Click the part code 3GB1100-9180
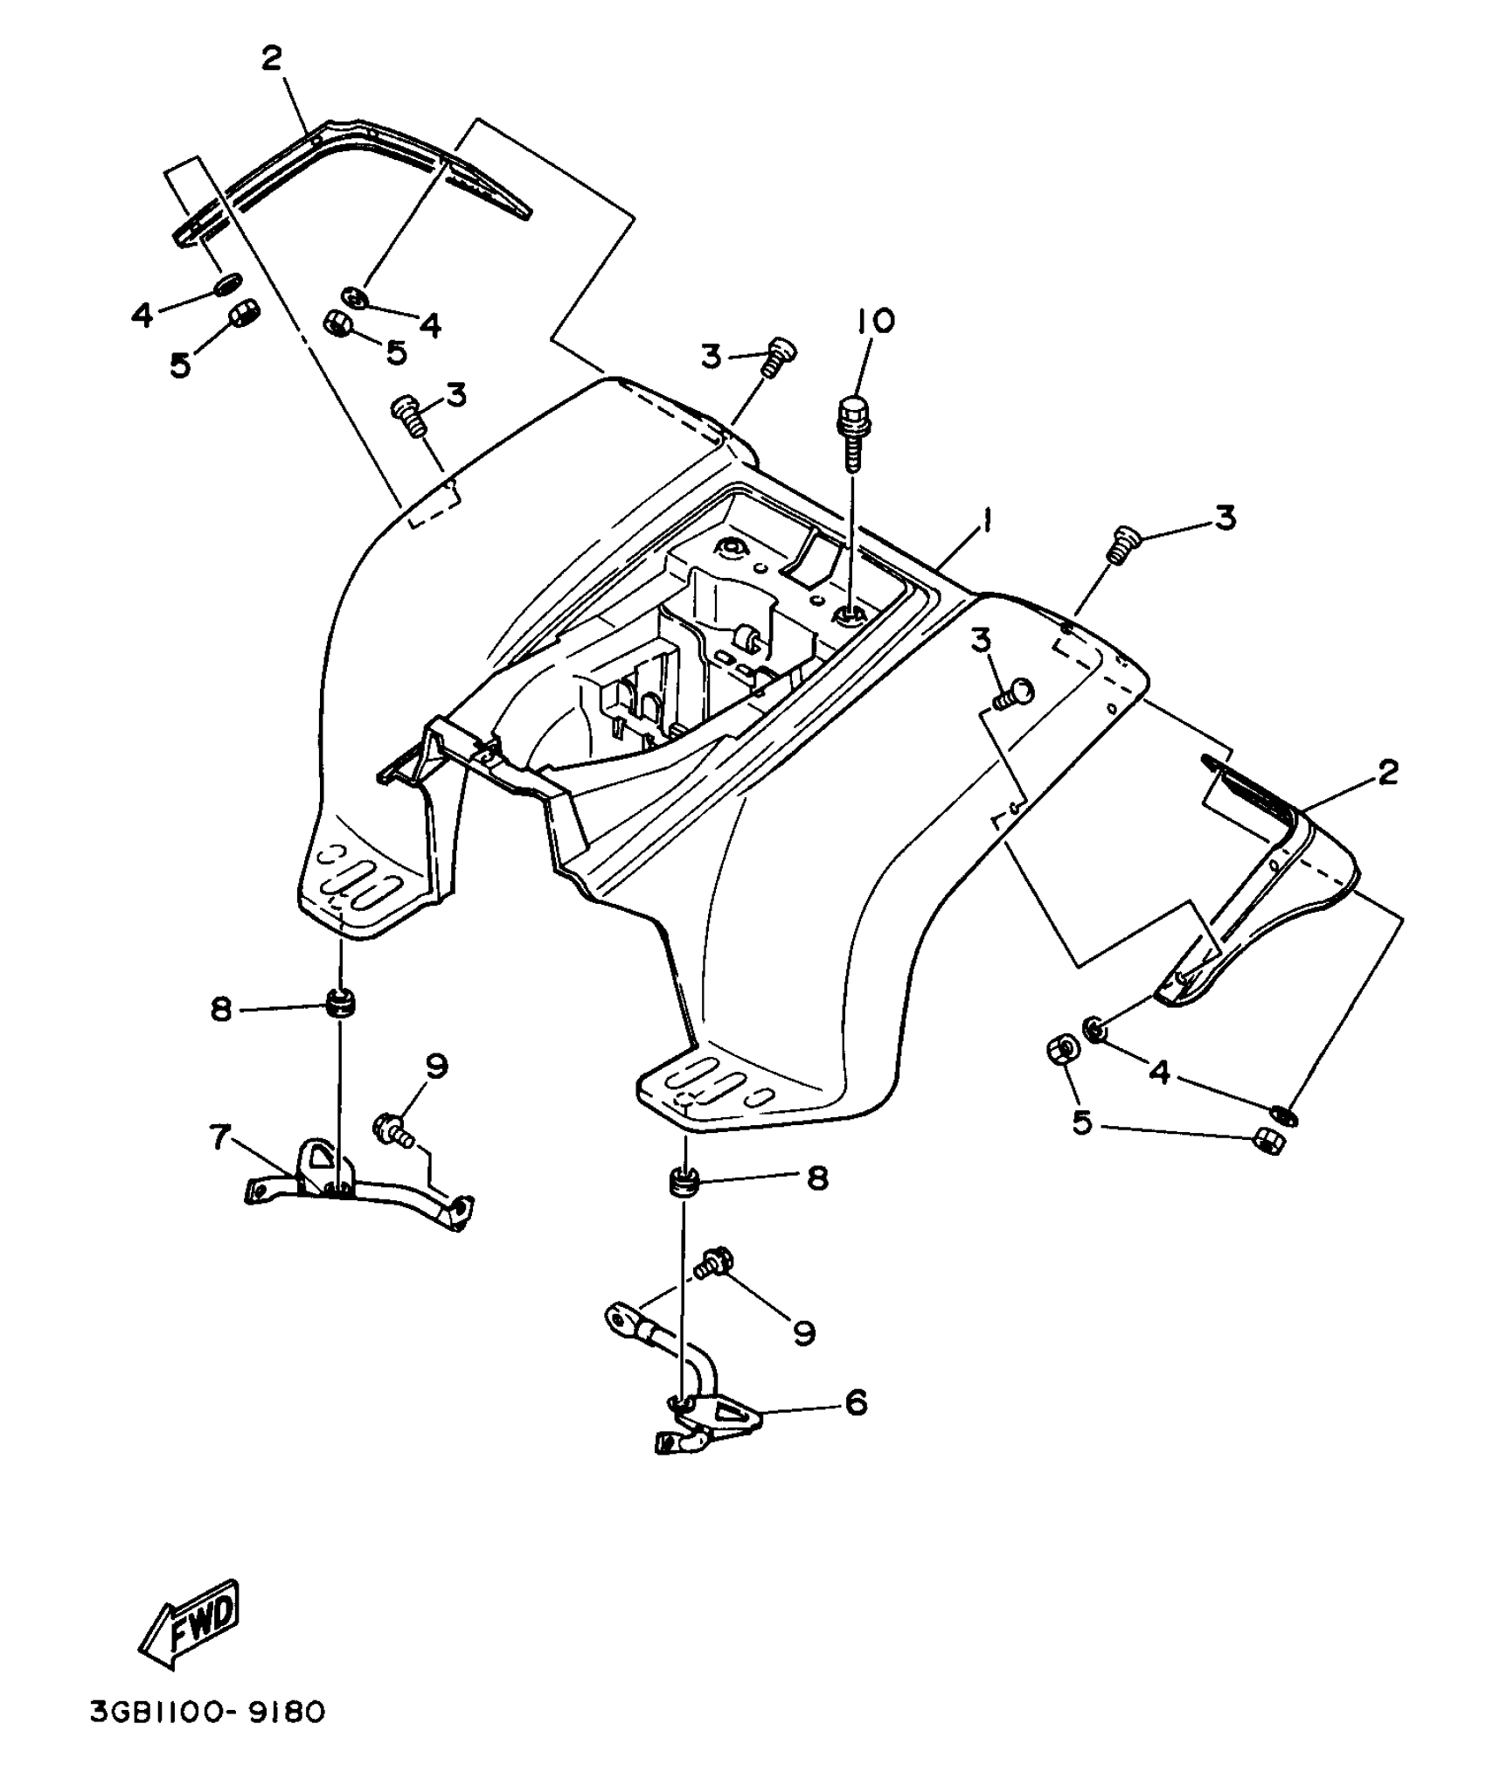[x=207, y=1736]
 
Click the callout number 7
[x=219, y=1136]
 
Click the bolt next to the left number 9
[x=391, y=1129]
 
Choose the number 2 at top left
[x=272, y=59]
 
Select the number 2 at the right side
[x=1387, y=772]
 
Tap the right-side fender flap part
[x=1267, y=900]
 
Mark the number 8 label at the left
[x=220, y=1010]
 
